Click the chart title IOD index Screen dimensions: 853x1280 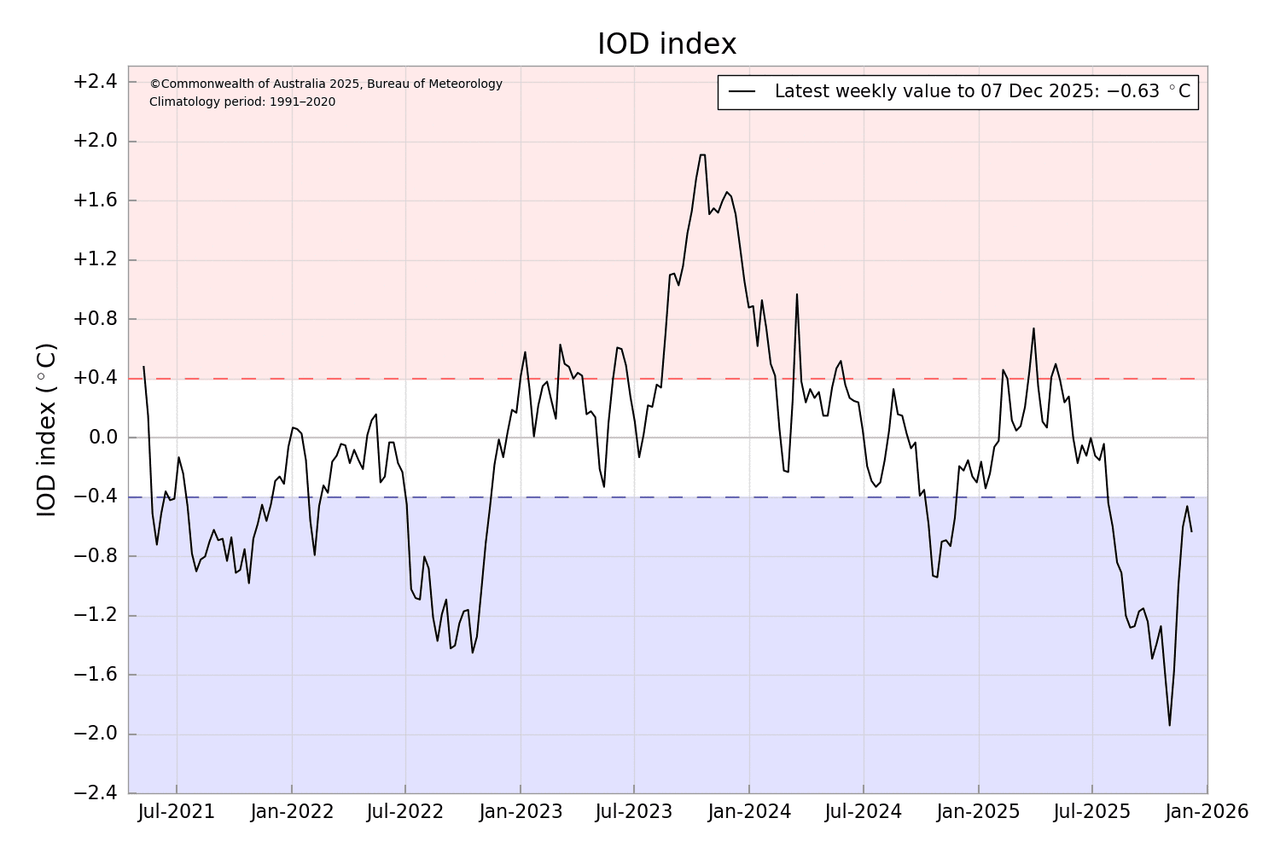pyautogui.click(x=666, y=44)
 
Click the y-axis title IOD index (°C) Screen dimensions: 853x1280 pyautogui.click(x=47, y=430)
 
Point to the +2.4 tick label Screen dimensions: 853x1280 pyautogui.click(x=95, y=83)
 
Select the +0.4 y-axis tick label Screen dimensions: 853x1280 pyautogui.click(x=95, y=379)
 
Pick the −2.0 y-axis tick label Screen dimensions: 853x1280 pyautogui.click(x=95, y=734)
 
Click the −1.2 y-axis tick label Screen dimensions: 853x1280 pyautogui.click(x=95, y=616)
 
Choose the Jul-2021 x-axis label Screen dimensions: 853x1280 pyautogui.click(x=177, y=812)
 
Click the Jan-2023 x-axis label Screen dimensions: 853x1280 pyautogui.click(x=521, y=812)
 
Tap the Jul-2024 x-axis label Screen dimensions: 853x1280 pyautogui.click(x=864, y=812)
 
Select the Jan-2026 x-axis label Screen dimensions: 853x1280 pyautogui.click(x=1207, y=812)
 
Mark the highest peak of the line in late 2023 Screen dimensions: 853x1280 pyautogui.click(x=702, y=155)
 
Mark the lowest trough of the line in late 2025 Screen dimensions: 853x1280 pyautogui.click(x=1169, y=725)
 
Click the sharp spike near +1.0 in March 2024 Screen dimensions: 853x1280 pyautogui.click(x=797, y=295)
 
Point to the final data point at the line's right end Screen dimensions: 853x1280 pyautogui.click(x=1191, y=531)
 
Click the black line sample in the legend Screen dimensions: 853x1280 pyautogui.click(x=743, y=92)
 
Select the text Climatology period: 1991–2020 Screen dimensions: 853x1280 pyautogui.click(x=242, y=102)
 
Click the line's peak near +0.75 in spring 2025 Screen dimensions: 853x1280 pyautogui.click(x=1033, y=328)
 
